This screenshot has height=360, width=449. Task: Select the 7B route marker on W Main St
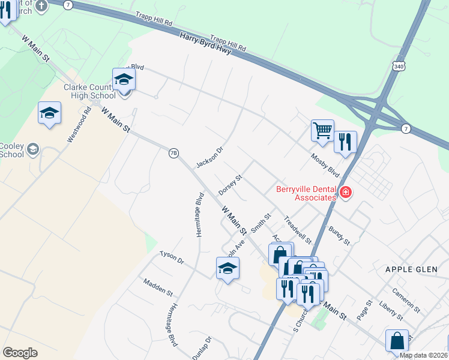[x=173, y=154]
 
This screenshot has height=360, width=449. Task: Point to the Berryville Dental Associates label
[x=306, y=193]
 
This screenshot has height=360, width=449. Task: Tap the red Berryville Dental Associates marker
[x=345, y=193]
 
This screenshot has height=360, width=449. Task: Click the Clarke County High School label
[x=90, y=91]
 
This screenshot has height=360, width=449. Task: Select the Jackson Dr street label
[x=209, y=157]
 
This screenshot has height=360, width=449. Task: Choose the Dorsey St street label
[x=230, y=185]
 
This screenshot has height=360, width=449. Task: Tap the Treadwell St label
[x=298, y=230]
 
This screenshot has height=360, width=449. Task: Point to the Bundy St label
[x=339, y=235]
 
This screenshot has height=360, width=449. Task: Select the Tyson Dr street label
[x=172, y=259]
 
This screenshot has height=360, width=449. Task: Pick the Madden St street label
[x=157, y=287]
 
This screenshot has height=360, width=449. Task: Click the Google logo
[x=20, y=353]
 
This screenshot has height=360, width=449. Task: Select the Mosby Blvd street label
[x=325, y=165]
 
